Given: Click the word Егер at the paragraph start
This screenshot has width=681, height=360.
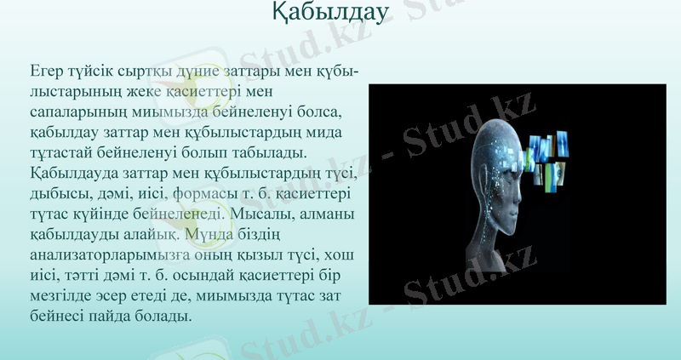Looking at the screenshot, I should (x=47, y=70).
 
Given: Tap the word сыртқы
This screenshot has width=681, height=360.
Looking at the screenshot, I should (x=159, y=70).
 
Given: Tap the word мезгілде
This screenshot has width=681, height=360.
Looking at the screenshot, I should (x=65, y=296).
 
